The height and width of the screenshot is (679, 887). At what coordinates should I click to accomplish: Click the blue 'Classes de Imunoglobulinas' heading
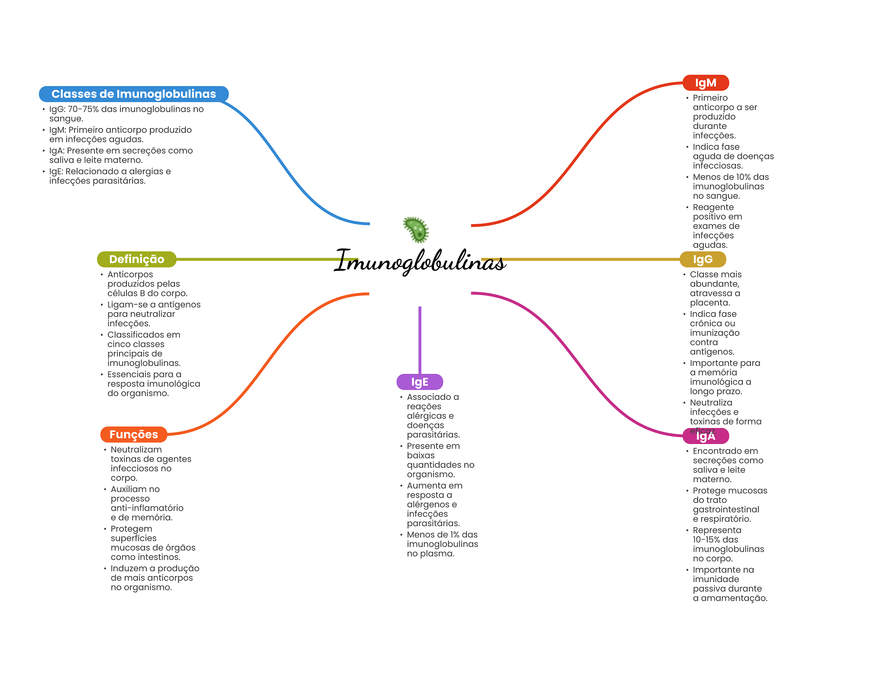click(x=133, y=94)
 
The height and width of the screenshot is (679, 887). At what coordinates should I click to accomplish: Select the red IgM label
click(x=706, y=83)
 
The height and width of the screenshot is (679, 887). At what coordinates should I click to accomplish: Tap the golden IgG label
click(x=702, y=259)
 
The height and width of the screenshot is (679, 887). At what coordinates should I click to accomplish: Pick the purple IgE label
click(x=420, y=382)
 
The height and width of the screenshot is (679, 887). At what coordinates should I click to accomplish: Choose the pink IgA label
click(x=706, y=436)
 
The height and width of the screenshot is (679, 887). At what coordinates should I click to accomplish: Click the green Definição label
click(x=136, y=259)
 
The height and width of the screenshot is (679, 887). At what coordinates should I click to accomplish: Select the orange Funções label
click(x=133, y=434)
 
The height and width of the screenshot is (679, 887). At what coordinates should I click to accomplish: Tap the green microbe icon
click(x=416, y=229)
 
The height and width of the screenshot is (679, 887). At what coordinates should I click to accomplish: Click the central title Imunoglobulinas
click(x=420, y=261)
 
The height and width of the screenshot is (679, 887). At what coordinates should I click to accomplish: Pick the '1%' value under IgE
click(x=455, y=534)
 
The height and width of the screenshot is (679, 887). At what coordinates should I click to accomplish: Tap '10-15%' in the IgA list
click(x=706, y=540)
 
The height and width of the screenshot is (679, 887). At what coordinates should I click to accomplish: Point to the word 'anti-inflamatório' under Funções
click(x=147, y=508)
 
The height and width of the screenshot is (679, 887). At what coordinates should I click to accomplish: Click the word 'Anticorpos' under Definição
click(x=130, y=274)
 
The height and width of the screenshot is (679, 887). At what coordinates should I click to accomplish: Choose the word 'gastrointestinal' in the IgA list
click(x=726, y=509)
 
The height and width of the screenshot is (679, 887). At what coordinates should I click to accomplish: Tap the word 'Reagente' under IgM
click(x=713, y=207)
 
